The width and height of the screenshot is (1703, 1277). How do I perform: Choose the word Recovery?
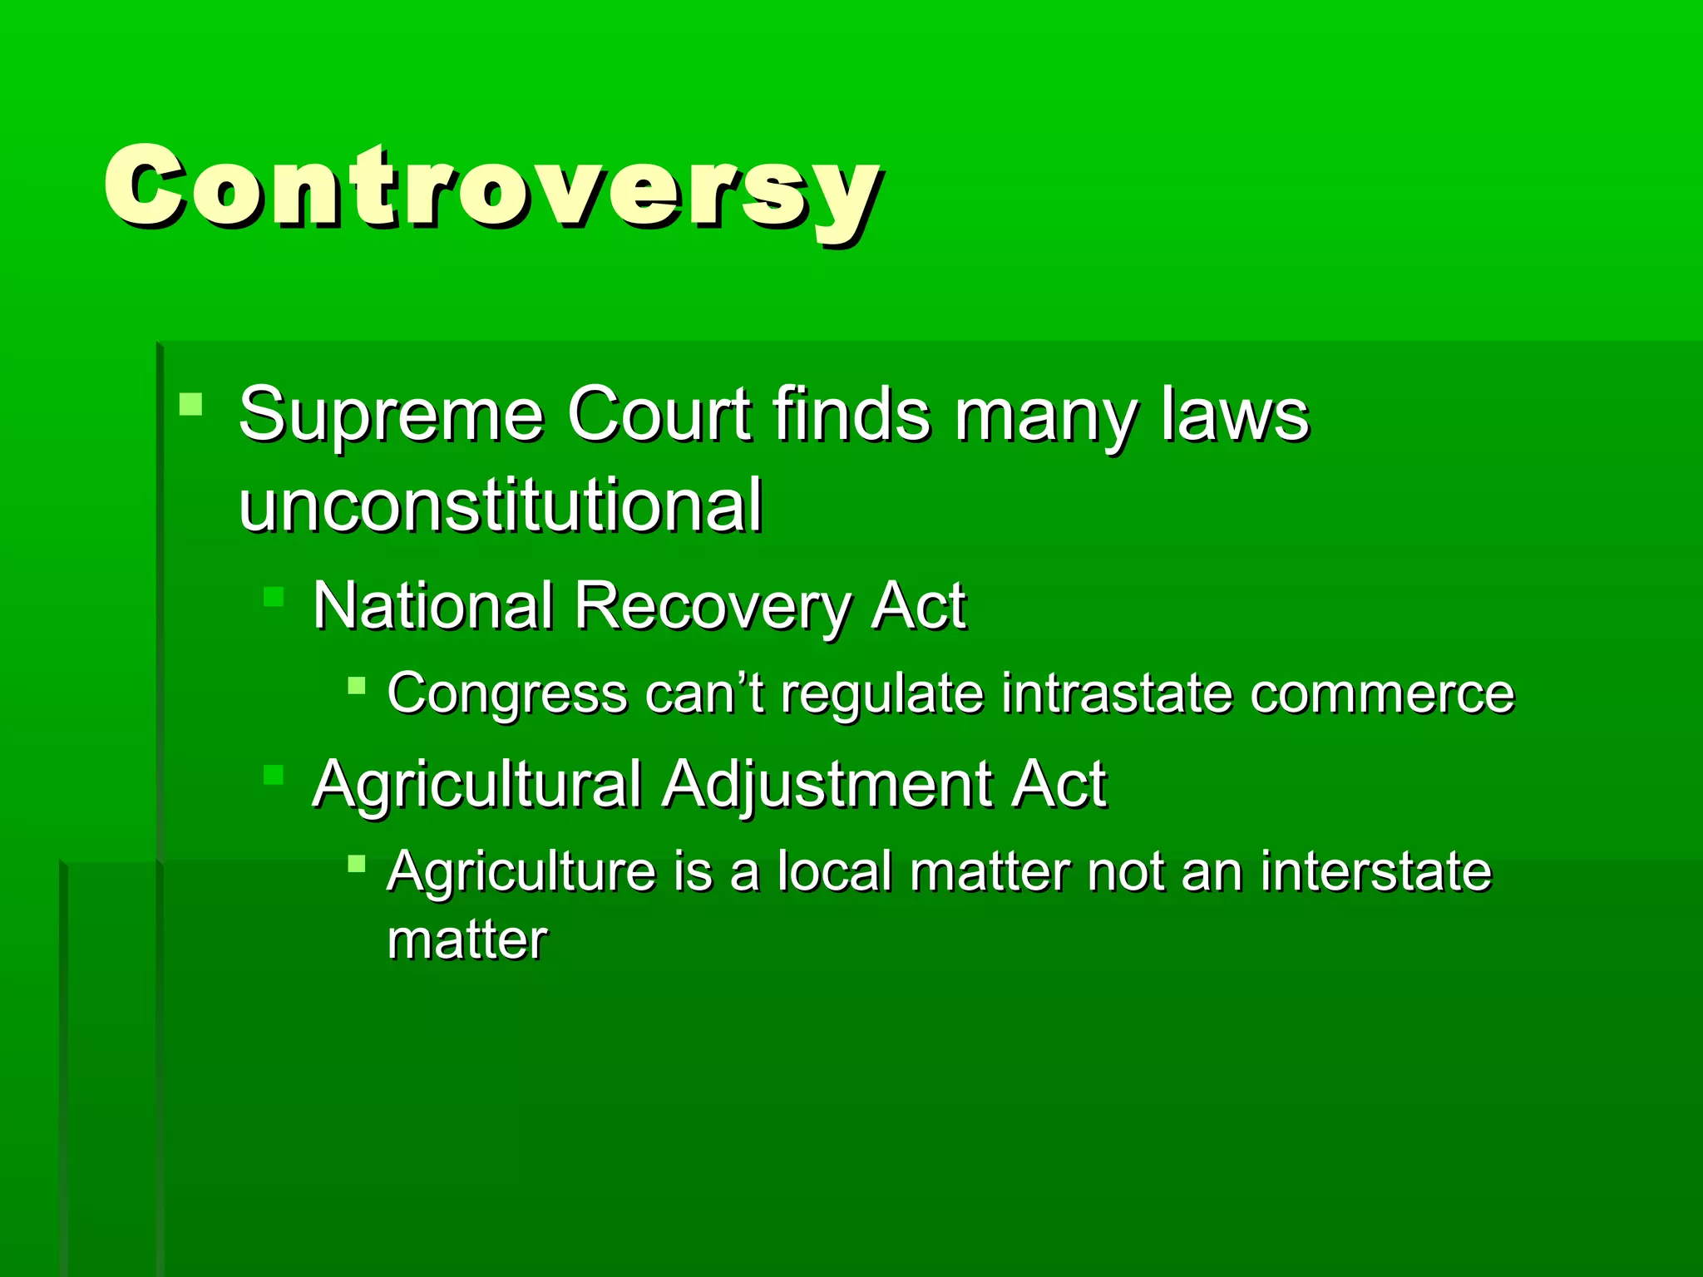(x=712, y=608)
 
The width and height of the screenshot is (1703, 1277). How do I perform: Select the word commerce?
(x=1382, y=694)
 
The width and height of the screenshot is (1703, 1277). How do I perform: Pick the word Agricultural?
(x=476, y=785)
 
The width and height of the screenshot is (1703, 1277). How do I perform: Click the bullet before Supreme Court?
(x=190, y=404)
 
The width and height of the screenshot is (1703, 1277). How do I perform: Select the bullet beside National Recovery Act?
(x=274, y=597)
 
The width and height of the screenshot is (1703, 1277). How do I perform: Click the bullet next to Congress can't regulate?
(x=357, y=686)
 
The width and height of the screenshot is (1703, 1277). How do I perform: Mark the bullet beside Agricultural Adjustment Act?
(x=274, y=775)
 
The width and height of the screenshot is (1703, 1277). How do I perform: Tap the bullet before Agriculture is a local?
(x=357, y=864)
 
